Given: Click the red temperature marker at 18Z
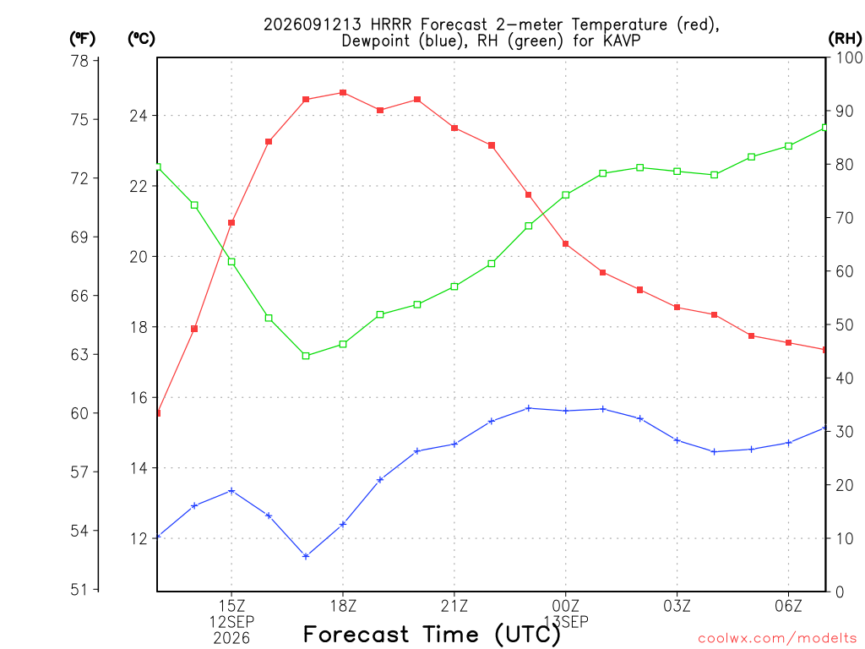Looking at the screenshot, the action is (343, 93).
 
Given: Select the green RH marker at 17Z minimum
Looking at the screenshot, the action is (306, 356).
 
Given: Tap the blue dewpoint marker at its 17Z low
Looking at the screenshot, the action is (306, 556).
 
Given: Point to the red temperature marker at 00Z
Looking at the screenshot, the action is (565, 244).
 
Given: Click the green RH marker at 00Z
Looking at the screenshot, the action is (565, 195).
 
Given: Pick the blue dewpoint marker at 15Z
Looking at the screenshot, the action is (231, 491).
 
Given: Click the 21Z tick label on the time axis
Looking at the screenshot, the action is (454, 606).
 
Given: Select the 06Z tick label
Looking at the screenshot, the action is (788, 606).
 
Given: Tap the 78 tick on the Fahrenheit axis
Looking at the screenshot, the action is (80, 61).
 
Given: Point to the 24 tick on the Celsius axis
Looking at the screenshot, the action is (139, 116).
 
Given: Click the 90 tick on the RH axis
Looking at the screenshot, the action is (844, 111).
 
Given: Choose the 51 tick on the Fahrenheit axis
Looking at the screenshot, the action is (80, 590).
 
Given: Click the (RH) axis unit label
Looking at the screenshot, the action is (845, 38).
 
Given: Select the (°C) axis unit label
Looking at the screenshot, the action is (141, 38).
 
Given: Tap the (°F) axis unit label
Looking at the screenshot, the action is (82, 38).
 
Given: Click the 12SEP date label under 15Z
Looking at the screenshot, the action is (231, 622).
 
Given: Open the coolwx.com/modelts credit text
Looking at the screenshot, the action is (777, 639).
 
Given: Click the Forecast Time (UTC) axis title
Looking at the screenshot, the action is (432, 635).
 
